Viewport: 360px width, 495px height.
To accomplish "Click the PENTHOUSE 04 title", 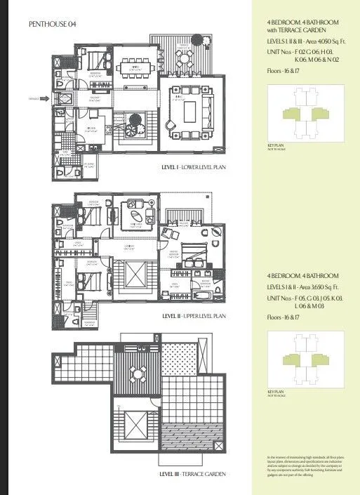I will [53, 24].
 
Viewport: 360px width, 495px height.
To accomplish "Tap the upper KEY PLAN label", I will [267, 145].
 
